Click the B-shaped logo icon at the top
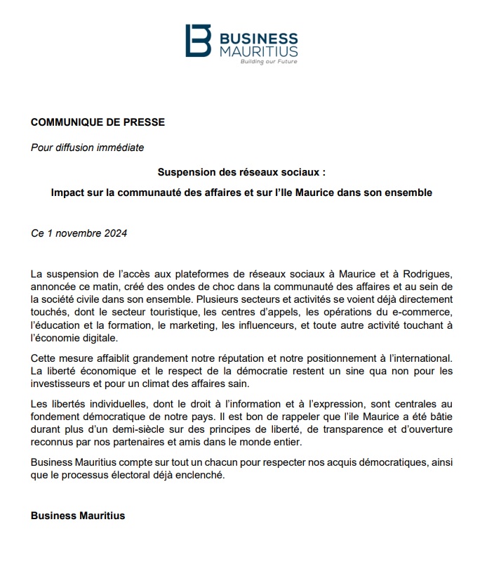tap(198, 41)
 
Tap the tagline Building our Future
tap(268, 62)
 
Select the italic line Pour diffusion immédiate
tap(88, 147)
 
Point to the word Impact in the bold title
tap(67, 192)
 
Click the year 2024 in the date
tap(114, 233)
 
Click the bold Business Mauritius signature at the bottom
tap(78, 516)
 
